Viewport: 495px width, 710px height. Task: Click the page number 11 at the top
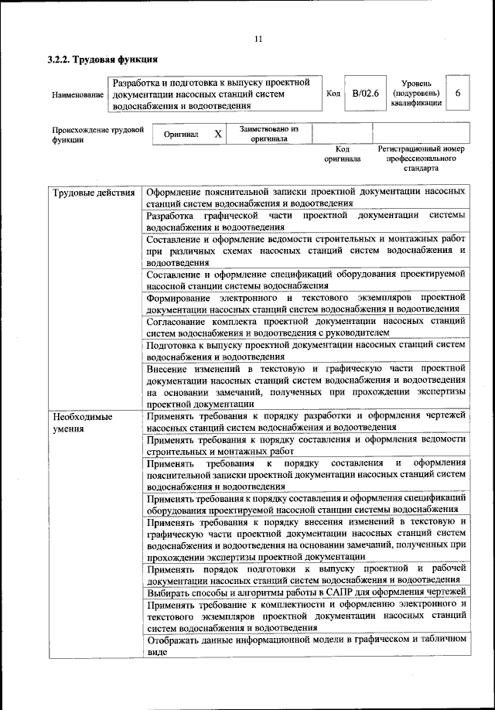point(258,39)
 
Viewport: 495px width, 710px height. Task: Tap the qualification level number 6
point(458,93)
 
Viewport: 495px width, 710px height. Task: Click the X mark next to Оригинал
point(218,134)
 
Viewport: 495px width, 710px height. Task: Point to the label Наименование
point(77,94)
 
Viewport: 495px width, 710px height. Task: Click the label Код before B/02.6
point(333,94)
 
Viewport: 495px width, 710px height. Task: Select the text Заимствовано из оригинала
point(268,134)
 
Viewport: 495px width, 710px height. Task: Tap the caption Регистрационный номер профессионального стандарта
point(420,158)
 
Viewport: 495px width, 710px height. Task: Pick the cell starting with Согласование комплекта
point(306,326)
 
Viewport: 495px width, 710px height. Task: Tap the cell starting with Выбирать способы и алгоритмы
point(306,592)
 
